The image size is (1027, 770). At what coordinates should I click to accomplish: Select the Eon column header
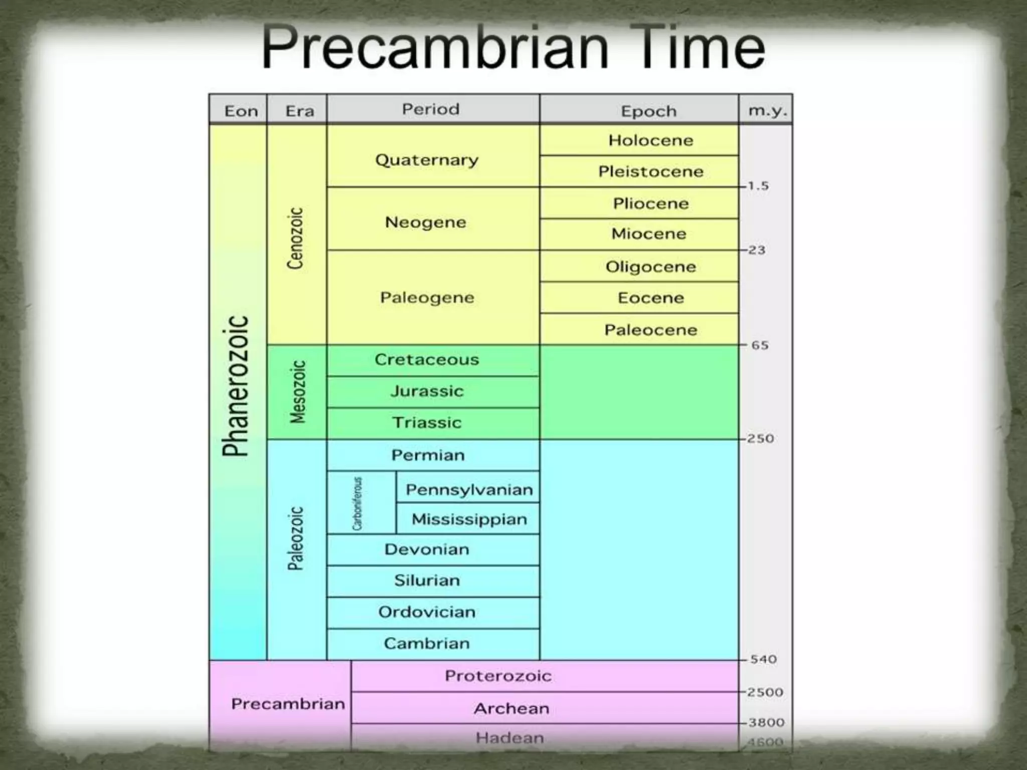click(x=241, y=111)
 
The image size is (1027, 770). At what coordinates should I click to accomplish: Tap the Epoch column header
click(x=648, y=111)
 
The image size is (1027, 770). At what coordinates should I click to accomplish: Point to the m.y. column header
click(x=766, y=110)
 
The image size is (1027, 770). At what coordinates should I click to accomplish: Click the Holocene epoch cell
click(x=650, y=140)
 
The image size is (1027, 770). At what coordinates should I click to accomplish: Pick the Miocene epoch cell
click(x=648, y=234)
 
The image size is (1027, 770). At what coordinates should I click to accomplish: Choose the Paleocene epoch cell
click(x=650, y=330)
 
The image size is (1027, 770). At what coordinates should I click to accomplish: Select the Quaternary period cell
click(x=427, y=160)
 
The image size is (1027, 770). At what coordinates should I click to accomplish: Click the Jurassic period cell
click(x=427, y=391)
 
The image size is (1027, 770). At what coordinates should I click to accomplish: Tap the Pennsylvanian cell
click(x=469, y=489)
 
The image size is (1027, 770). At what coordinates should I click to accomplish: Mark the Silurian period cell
click(x=427, y=581)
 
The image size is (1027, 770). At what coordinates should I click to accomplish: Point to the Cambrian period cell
click(x=427, y=643)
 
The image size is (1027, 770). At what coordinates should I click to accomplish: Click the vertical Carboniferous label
click(x=357, y=503)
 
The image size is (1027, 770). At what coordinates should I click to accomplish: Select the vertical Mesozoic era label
click(x=298, y=392)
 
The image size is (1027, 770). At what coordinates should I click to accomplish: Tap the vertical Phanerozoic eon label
click(x=236, y=386)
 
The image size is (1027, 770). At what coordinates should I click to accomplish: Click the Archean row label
click(x=511, y=708)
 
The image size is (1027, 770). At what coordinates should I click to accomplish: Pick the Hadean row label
click(x=509, y=738)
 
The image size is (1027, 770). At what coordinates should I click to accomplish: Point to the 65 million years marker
click(x=759, y=345)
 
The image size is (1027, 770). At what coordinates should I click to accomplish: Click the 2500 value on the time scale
click(x=765, y=692)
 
